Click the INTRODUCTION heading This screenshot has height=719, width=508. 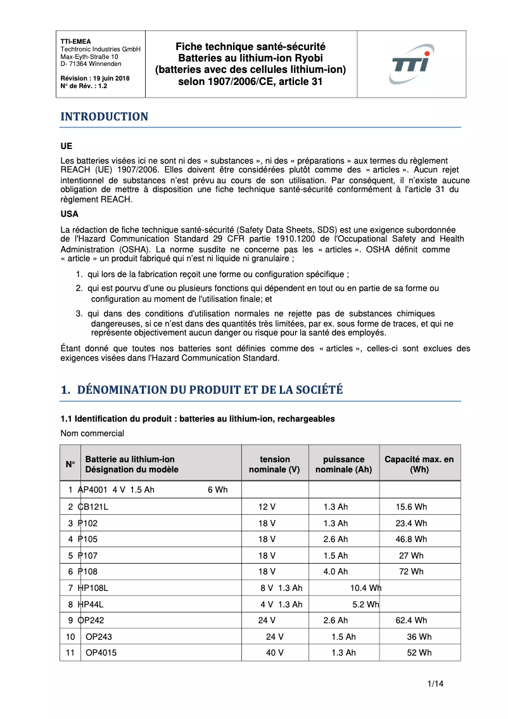(104, 117)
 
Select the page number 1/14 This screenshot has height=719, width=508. (435, 683)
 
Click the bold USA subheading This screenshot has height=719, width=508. (70, 214)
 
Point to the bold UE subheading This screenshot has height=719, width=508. (67, 146)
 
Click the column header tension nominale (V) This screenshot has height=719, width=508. (274, 464)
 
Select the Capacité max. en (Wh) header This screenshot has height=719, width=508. (419, 464)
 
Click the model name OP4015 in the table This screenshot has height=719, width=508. (101, 652)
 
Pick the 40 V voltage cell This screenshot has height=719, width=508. (274, 652)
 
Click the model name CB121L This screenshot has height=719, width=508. (93, 507)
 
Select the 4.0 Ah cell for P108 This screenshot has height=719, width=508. (336, 572)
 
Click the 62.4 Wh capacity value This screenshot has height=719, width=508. (411, 621)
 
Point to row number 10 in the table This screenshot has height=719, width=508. (70, 637)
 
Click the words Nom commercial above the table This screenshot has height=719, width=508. (92, 434)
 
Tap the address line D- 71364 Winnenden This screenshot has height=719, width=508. (91, 64)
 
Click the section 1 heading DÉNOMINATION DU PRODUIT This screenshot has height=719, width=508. (201, 390)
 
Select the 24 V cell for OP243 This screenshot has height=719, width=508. (274, 637)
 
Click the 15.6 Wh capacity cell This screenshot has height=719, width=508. (411, 507)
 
